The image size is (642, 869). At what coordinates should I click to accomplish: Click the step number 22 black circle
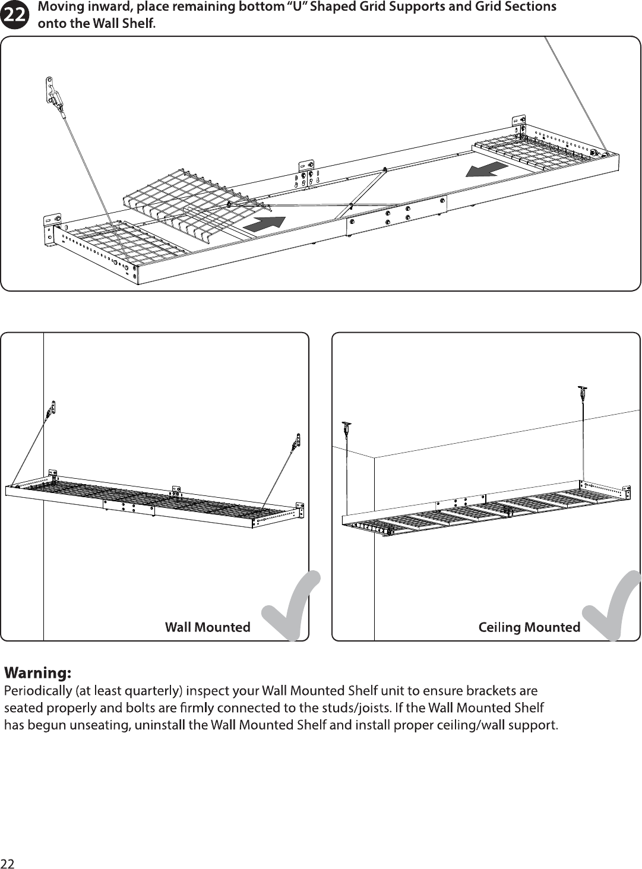tap(14, 15)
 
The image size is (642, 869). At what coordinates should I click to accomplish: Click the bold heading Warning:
tap(37, 673)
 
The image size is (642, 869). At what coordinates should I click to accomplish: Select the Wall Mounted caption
tap(208, 627)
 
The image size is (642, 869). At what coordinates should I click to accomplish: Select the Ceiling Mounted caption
tap(529, 627)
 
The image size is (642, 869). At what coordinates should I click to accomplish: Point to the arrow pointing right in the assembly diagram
tap(264, 224)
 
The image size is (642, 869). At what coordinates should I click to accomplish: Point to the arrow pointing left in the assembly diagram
tap(487, 170)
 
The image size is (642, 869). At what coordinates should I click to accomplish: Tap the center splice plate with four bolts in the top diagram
tap(396, 216)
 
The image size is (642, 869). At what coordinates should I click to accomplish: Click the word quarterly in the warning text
tap(153, 690)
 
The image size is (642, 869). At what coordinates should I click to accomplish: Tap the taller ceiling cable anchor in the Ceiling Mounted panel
tap(583, 392)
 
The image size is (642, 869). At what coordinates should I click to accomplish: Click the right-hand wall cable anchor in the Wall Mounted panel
tap(296, 443)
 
